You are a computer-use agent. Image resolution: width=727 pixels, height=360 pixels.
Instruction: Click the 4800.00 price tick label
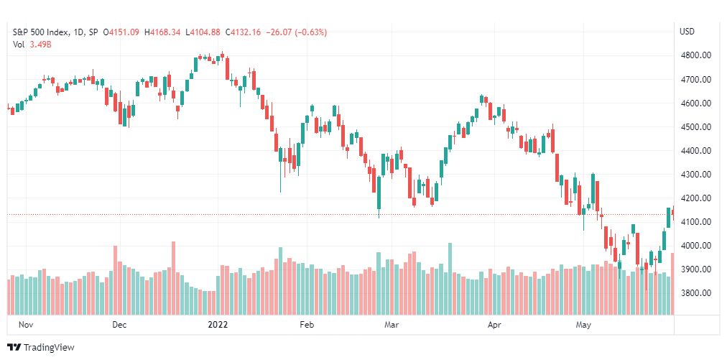point(695,55)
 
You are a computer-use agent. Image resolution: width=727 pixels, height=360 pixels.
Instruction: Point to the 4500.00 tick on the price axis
point(695,127)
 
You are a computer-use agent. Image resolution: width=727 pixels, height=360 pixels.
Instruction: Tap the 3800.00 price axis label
point(695,293)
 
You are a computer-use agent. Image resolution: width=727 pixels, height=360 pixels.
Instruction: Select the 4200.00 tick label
point(695,198)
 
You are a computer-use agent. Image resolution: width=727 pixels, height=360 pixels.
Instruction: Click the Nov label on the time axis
point(27,325)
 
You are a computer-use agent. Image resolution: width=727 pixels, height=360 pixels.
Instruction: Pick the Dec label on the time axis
point(119,325)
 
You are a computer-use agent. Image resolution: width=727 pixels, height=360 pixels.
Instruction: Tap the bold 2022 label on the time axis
point(218,325)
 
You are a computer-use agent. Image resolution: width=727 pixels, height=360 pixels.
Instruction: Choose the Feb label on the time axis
point(307,325)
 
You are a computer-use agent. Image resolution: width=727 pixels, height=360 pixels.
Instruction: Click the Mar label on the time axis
point(392,325)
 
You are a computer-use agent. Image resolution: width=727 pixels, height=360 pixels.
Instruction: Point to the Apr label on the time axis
point(494,325)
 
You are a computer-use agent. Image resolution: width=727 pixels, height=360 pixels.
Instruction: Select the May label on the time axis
point(584,325)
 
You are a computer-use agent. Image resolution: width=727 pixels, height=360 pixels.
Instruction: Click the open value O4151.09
point(120,32)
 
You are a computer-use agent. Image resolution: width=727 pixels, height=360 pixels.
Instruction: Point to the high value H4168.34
point(162,32)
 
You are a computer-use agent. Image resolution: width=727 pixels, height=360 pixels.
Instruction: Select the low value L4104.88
point(205,32)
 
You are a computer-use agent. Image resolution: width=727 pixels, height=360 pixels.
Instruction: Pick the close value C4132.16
point(245,32)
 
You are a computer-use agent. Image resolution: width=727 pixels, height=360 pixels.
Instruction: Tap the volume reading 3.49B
point(40,45)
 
